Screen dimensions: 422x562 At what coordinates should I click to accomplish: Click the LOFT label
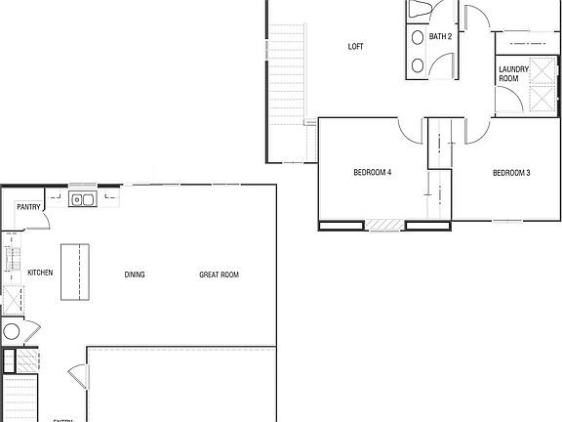coord(356,46)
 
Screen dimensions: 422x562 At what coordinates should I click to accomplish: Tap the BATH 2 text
coord(440,37)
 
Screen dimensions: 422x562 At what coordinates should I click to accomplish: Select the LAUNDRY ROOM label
coord(513,73)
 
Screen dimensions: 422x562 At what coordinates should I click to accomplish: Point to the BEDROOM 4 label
coord(372,173)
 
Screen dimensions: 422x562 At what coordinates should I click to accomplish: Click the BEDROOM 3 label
coord(511,173)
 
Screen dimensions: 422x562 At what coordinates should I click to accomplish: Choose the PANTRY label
coord(28,206)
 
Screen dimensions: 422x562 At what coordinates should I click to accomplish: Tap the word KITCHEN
coord(40,273)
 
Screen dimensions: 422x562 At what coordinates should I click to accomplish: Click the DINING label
coord(135,274)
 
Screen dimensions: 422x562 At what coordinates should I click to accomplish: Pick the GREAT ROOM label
coord(219,274)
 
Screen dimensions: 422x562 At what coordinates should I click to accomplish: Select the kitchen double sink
coord(82,200)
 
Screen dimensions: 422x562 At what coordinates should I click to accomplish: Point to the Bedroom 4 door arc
coord(409,128)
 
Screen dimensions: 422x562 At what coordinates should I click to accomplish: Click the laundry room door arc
coord(506,99)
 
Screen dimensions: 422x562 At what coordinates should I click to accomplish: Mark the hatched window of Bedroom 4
coord(386,227)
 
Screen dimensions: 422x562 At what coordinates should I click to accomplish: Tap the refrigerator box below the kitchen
coord(13,299)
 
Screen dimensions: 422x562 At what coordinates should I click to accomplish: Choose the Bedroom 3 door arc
coord(479,128)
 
